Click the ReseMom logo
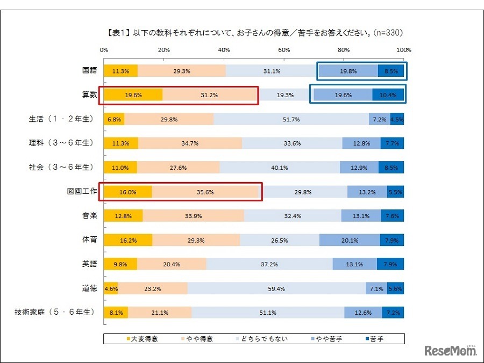pyautogui.click(x=451, y=350)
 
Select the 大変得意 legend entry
pyautogui.click(x=143, y=339)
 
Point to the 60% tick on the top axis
pyautogui.click(x=284, y=50)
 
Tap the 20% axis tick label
pyautogui.click(x=164, y=50)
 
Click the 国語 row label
pyautogui.click(x=89, y=71)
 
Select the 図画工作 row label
pyautogui.click(x=82, y=191)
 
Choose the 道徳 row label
pyautogui.click(x=89, y=288)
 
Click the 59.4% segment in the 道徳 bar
pyautogui.click(x=276, y=288)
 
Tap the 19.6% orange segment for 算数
pyautogui.click(x=133, y=95)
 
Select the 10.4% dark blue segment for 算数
pyautogui.click(x=388, y=95)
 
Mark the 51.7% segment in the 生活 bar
pyautogui.click(x=291, y=119)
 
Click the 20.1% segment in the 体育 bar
pyautogui.click(x=350, y=240)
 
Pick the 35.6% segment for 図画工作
pyautogui.click(x=205, y=192)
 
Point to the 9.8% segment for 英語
pyautogui.click(x=119, y=264)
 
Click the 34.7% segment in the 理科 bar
pyautogui.click(x=190, y=143)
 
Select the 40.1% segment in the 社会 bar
pyautogui.click(x=280, y=168)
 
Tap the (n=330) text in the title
pyautogui.click(x=386, y=33)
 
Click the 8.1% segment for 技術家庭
pyautogui.click(x=116, y=313)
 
